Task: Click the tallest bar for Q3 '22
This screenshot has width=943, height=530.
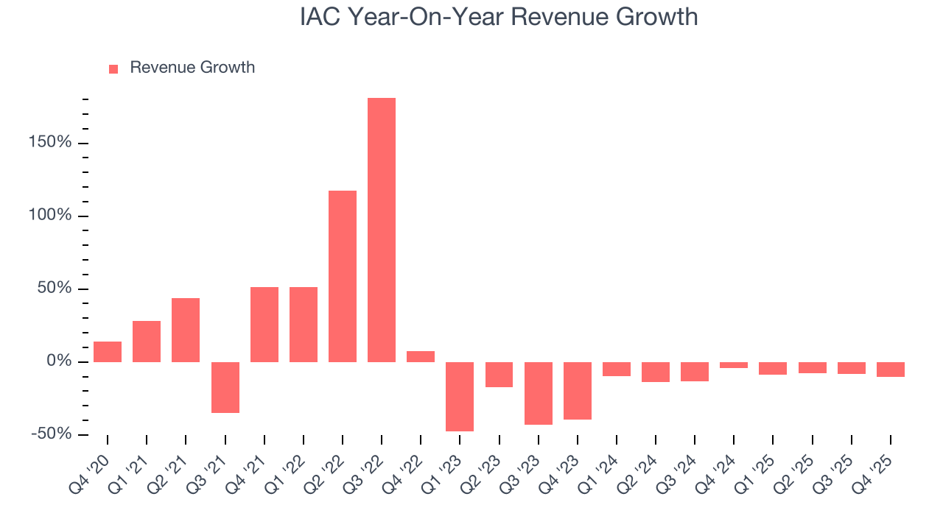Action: [382, 230]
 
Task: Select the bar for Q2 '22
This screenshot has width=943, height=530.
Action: [343, 276]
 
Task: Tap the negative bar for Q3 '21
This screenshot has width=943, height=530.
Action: [225, 387]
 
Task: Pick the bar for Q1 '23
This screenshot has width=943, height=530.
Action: [460, 396]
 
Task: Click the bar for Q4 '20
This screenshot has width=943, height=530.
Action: [108, 352]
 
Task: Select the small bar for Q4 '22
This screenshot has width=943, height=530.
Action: [421, 356]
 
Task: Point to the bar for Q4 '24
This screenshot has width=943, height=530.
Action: [734, 365]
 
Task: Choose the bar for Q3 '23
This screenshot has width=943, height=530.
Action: [539, 393]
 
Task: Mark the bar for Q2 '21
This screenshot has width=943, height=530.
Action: [186, 330]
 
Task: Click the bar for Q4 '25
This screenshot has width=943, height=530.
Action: [891, 370]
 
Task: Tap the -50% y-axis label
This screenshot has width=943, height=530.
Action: [52, 434]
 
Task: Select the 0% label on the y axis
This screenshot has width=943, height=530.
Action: [59, 361]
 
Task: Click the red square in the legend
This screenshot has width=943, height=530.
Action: [113, 68]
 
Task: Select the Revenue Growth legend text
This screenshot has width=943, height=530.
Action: [192, 68]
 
